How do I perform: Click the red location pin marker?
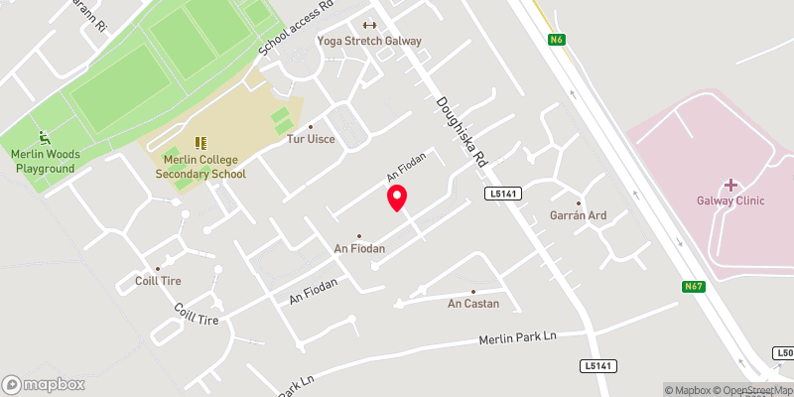point(397,198)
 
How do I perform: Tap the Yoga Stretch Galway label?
point(369,41)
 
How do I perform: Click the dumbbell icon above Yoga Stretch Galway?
point(369,25)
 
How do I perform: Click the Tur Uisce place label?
point(311,139)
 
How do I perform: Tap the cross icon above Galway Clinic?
point(730,185)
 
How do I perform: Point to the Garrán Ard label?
point(578,215)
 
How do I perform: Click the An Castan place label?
point(473,303)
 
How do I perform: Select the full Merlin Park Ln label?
point(517,337)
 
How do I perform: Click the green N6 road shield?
point(556,41)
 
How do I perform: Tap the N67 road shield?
point(695,287)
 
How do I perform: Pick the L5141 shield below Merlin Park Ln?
point(597,366)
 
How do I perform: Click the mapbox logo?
point(44,384)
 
